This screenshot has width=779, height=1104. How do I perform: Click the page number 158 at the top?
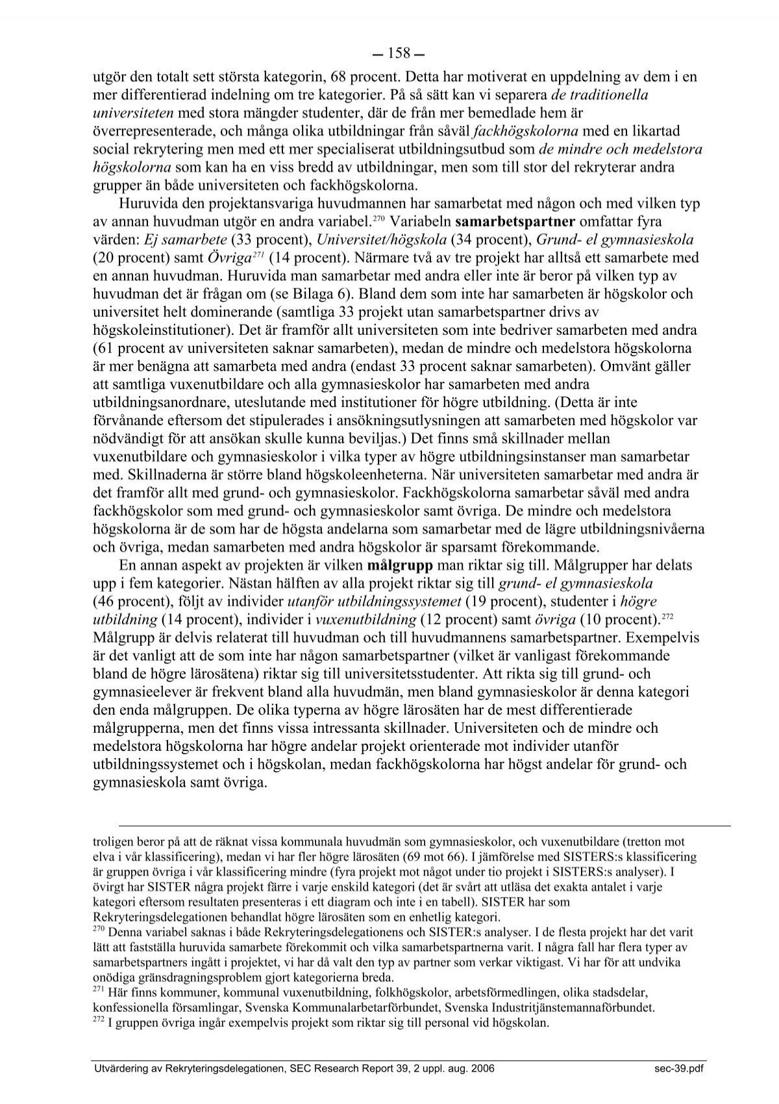coord(389,53)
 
